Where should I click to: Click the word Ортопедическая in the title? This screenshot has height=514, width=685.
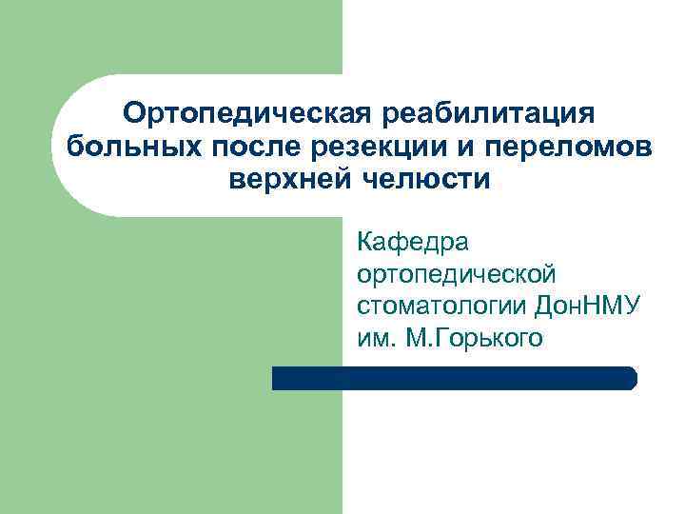(x=246, y=115)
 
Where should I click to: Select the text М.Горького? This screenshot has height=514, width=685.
(x=474, y=338)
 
